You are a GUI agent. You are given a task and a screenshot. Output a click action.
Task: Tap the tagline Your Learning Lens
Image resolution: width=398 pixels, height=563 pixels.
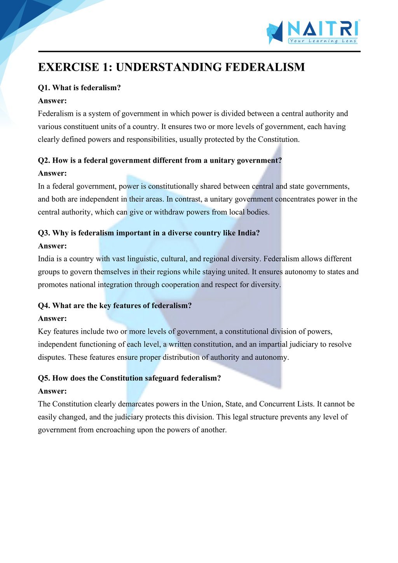point(323,41)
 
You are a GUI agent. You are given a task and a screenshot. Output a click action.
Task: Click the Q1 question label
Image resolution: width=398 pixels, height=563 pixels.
point(44,88)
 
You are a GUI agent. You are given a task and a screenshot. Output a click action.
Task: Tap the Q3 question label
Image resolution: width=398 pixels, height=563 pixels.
point(44,233)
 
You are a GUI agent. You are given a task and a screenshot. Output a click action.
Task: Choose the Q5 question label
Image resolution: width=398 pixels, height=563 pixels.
point(44,378)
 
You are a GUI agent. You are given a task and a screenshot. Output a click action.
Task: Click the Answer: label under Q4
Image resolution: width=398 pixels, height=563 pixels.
point(52,319)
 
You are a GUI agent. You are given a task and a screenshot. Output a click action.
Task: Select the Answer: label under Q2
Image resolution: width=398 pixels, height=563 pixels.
point(52,173)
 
